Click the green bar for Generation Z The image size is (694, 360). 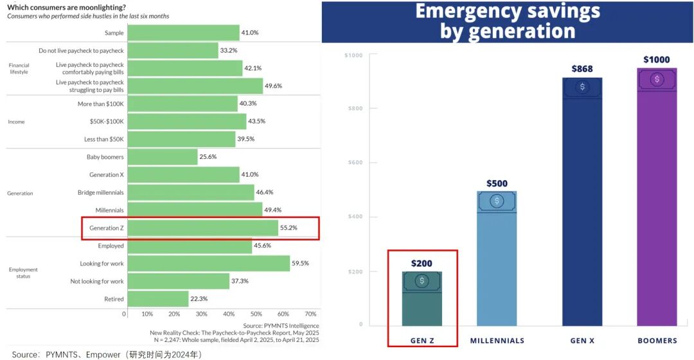coord(202,228)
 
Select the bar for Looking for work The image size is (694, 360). coord(208,263)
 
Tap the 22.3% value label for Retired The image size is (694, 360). coord(201,299)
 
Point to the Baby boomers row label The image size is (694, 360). coord(105,157)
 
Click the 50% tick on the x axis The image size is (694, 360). coord(256,314)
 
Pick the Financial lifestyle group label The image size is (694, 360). coord(19,68)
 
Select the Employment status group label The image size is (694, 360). coord(23,273)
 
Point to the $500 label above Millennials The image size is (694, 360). coord(497,183)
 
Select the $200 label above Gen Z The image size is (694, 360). coord(422,264)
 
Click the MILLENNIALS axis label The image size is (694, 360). coord(497,341)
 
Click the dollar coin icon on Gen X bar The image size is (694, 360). coord(582,87)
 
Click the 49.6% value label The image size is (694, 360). coord(274,86)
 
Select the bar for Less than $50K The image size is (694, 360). coord(181,139)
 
